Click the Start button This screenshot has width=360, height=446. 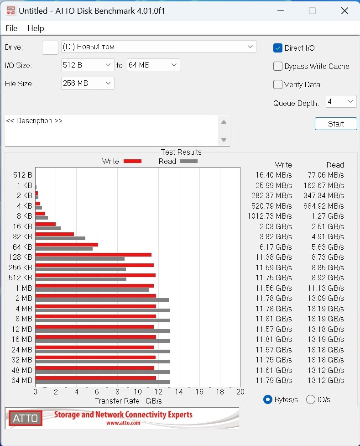pos(336,124)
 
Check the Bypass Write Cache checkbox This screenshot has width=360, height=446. pos(278,66)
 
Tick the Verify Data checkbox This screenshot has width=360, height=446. pos(278,84)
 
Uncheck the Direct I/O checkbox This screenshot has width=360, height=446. pos(278,48)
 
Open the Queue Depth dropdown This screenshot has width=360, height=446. pos(341,101)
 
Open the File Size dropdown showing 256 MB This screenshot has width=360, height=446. pos(88,83)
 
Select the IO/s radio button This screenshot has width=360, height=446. pos(311,399)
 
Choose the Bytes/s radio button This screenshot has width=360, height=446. pos(268,399)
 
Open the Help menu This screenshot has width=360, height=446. pos(36,28)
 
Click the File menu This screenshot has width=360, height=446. pos(11,28)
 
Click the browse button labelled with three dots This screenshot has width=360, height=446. pos(50,47)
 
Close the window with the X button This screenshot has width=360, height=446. pos(344,10)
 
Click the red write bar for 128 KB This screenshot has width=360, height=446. pos(93,255)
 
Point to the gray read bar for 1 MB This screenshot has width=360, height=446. pos(92,290)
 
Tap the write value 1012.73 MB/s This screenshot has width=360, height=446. pos(273,216)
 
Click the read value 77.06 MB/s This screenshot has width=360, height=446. pos(323,175)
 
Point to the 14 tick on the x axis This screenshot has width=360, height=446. pos(179,392)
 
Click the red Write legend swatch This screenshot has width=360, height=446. pos(132,161)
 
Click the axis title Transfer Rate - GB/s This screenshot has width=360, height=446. pos(128,401)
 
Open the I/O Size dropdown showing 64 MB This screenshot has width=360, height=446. pos(153,65)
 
